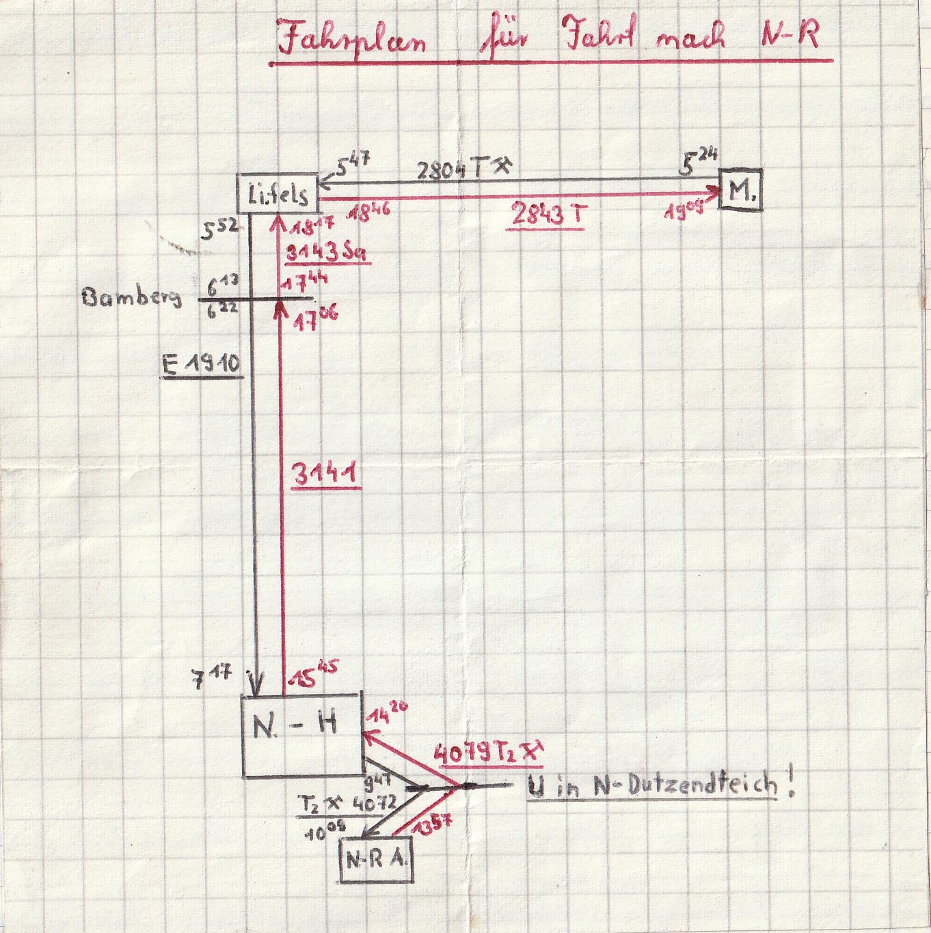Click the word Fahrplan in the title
pos(351,38)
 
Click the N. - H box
pos(301,735)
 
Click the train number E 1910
pos(202,364)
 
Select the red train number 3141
pos(326,474)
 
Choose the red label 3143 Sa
pos(327,253)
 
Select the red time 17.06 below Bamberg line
pos(315,320)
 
